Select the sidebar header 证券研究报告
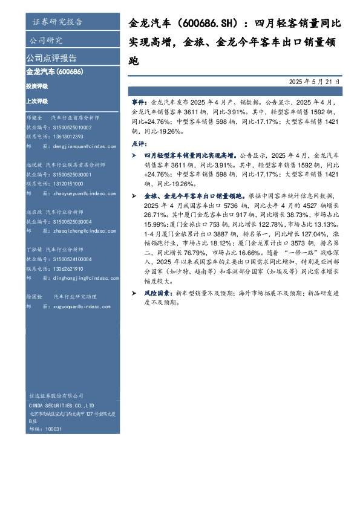click(x=57, y=22)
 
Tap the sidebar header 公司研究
click(x=46, y=41)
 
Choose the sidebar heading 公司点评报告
click(x=51, y=58)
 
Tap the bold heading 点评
click(x=139, y=144)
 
